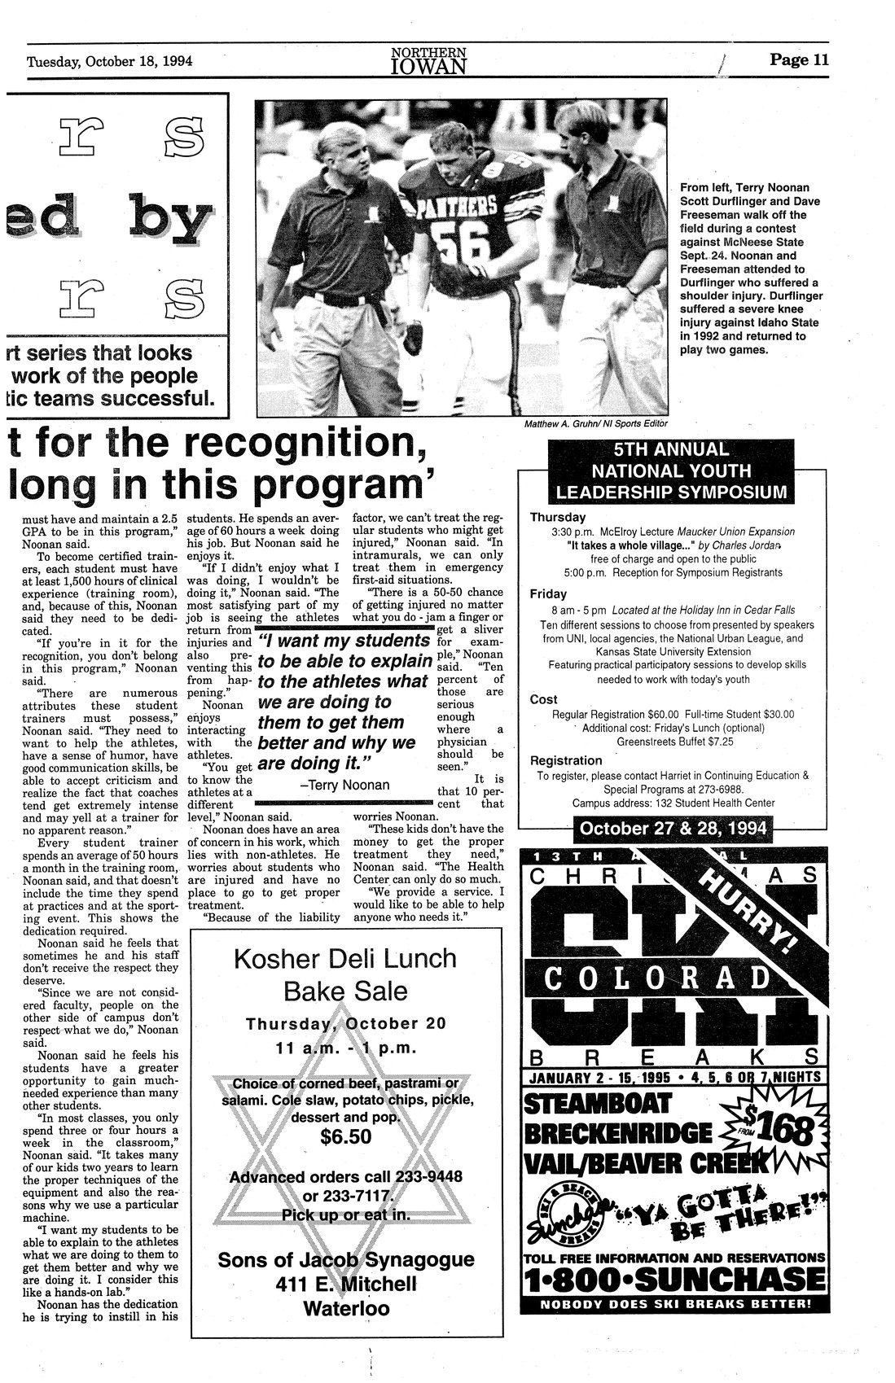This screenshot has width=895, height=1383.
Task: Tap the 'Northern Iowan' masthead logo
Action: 428,59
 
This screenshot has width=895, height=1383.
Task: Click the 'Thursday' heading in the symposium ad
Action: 558,517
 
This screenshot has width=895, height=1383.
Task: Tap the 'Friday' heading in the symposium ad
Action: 548,594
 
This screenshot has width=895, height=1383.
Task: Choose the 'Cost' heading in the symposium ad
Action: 543,699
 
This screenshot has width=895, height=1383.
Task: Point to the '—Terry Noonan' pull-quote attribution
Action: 344,786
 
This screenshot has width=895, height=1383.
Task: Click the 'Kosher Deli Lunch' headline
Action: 345,959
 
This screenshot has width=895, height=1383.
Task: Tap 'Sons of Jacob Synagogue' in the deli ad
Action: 345,1260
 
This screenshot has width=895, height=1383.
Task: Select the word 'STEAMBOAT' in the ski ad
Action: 598,1104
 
